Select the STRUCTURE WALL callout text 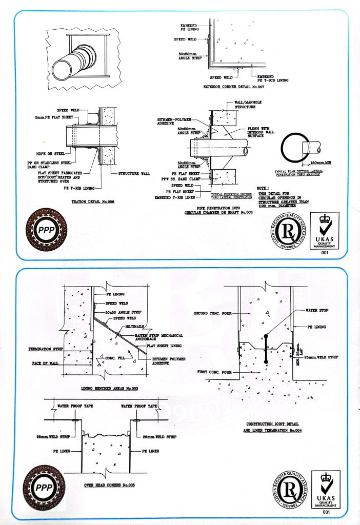tap(134, 174)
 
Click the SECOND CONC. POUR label tap(214, 312)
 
